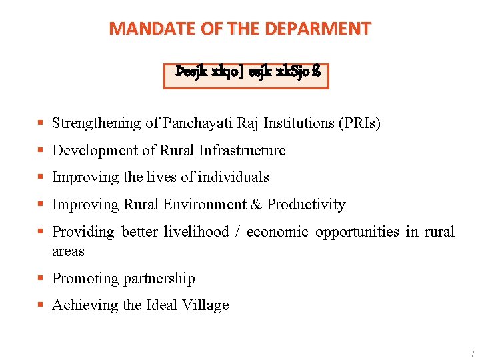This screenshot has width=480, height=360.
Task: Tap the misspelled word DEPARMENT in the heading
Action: [x=318, y=29]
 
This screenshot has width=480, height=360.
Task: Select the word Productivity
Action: [x=306, y=205]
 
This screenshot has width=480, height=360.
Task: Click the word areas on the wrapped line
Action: [x=68, y=251]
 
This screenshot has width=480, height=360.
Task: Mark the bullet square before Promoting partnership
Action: [x=42, y=279]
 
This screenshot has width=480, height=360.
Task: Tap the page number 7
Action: [x=472, y=353]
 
